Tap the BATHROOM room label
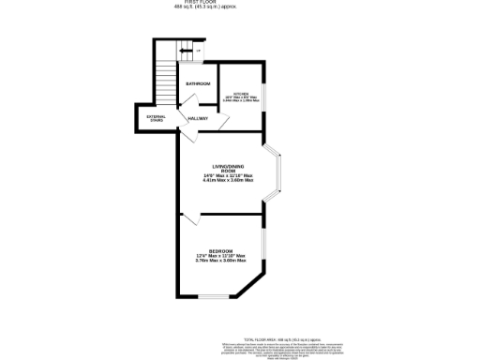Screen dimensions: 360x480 (198, 84)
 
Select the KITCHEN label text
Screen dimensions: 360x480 (241, 94)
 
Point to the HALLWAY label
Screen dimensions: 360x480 (198, 119)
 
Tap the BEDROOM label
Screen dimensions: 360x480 (220, 250)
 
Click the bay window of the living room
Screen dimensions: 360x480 (277, 172)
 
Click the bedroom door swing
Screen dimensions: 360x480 (192, 219)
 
